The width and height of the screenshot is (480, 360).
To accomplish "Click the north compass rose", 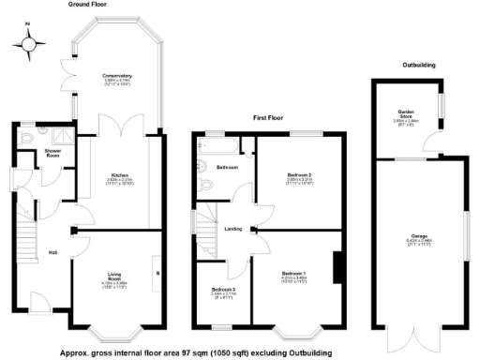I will [32, 42].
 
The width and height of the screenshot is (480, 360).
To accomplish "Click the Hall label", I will [55, 252].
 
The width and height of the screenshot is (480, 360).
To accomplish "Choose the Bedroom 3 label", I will [224, 290].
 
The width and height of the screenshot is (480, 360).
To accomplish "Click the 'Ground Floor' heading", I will [86, 5].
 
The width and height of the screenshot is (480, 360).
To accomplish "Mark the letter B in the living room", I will [157, 273].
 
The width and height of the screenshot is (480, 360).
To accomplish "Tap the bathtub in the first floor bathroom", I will [218, 147].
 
